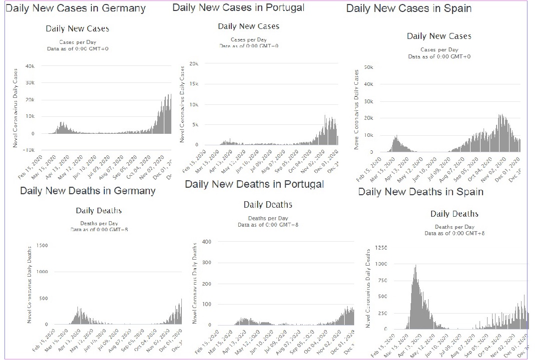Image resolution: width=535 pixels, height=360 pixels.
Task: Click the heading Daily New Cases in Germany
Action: [76, 8]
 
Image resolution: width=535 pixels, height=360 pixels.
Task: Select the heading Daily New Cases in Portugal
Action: [238, 7]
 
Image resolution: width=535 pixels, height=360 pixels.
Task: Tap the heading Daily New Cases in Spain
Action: [409, 8]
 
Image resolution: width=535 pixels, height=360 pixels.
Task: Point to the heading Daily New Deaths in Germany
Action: [88, 191]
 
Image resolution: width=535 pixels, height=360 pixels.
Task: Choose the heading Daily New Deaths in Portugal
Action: [254, 184]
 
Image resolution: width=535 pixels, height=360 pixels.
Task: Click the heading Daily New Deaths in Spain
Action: [421, 192]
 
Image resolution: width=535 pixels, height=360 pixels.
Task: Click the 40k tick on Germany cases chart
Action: [29, 66]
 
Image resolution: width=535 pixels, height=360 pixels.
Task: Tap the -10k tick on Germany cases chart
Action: [28, 150]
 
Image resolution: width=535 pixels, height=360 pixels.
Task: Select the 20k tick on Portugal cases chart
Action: [194, 64]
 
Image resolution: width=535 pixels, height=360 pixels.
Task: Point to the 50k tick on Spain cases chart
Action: [369, 67]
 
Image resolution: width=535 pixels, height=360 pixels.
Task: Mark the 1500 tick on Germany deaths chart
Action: [41, 245]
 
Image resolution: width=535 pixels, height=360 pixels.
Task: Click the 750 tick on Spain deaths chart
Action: [382, 281]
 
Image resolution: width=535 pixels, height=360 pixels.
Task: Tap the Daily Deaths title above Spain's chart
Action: [454, 214]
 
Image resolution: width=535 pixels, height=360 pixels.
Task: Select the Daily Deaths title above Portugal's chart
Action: [268, 205]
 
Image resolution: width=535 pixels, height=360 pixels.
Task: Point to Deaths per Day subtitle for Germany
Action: [99, 223]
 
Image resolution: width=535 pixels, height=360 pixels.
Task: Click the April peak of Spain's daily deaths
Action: [416, 266]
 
